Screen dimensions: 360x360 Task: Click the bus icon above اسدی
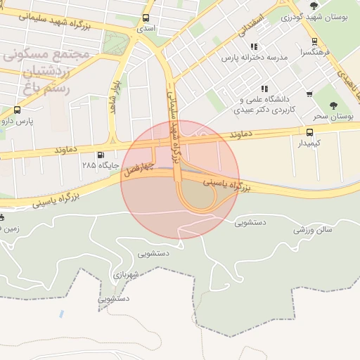pos(146,18)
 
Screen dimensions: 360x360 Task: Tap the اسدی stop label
pos(146,29)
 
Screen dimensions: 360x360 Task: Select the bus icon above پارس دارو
pos(17,110)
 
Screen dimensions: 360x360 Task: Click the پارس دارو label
pos(17,121)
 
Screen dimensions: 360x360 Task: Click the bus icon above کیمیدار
pos(309,131)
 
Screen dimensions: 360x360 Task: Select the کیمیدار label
pos(309,143)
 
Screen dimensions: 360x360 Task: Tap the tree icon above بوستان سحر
pos(333,105)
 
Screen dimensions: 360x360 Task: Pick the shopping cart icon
pos(309,94)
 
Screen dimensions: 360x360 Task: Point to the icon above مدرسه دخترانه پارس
pos(253,46)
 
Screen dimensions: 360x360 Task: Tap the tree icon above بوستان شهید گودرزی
pos(291,6)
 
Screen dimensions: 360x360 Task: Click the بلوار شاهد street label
pos(111,99)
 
